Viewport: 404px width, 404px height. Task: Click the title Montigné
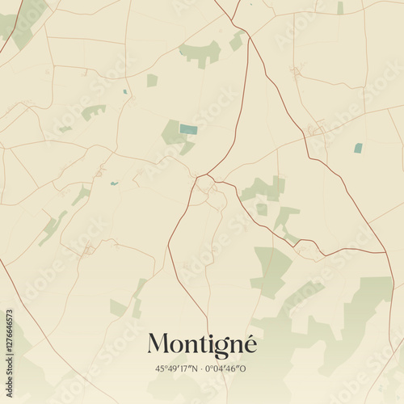(202, 344)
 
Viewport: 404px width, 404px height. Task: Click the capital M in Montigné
(158, 344)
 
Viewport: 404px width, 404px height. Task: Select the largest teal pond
(188, 129)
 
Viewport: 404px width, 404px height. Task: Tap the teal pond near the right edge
(358, 148)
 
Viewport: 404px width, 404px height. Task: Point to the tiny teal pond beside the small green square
(125, 91)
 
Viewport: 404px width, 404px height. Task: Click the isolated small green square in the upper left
(152, 80)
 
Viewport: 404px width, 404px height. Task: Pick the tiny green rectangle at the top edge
(340, 8)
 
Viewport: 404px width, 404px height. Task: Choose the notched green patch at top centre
(200, 53)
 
